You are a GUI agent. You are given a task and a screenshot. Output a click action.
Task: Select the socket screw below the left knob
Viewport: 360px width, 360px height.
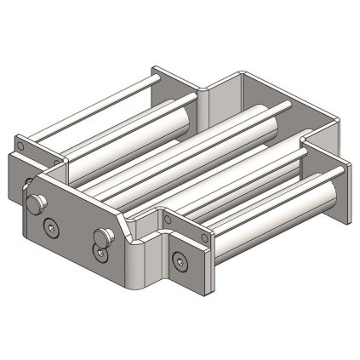pos(50,226)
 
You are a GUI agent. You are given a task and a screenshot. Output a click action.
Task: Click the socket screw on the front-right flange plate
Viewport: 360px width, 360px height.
pos(180,260)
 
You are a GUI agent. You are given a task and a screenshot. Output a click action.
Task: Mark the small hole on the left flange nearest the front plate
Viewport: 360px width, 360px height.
pos(57,159)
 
